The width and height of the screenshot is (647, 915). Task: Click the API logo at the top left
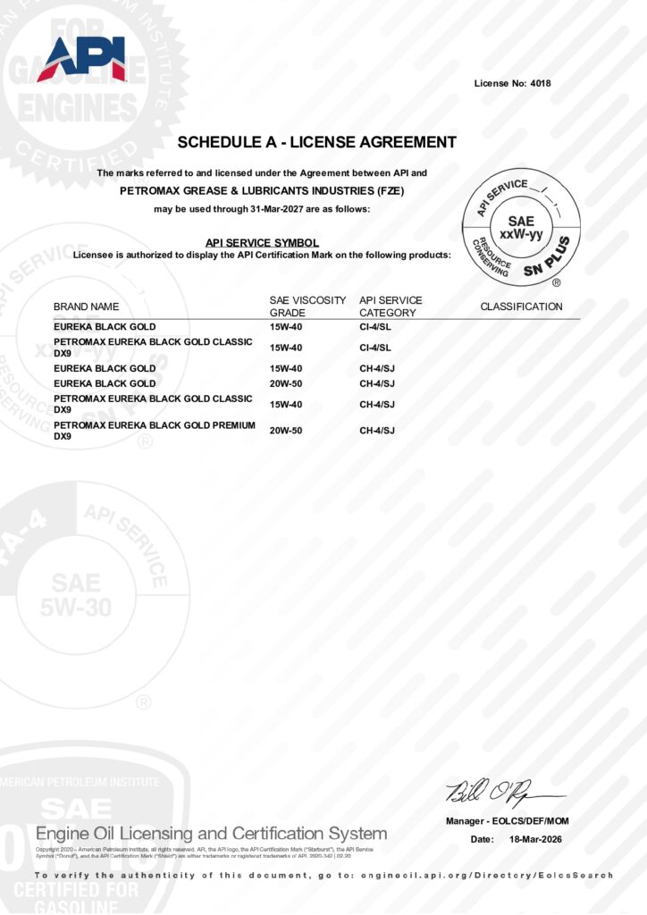click(80, 59)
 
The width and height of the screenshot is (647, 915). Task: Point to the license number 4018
click(539, 84)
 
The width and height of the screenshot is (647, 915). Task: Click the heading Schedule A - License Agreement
click(316, 142)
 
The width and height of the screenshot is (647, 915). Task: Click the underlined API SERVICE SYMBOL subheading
click(262, 242)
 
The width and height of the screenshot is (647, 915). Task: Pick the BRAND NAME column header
click(86, 306)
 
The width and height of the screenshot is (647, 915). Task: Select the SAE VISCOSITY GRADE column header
click(307, 306)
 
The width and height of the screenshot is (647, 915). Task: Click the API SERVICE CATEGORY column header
click(391, 306)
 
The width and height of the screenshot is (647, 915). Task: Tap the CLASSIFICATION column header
click(521, 306)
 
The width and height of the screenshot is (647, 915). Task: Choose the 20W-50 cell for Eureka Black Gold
click(286, 383)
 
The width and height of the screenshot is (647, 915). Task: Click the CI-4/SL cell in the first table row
click(375, 327)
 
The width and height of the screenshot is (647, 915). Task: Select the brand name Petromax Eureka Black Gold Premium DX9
click(153, 430)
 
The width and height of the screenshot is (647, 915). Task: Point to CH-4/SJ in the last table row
click(377, 431)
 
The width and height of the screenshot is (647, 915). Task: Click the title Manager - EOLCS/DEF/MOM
click(507, 821)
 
